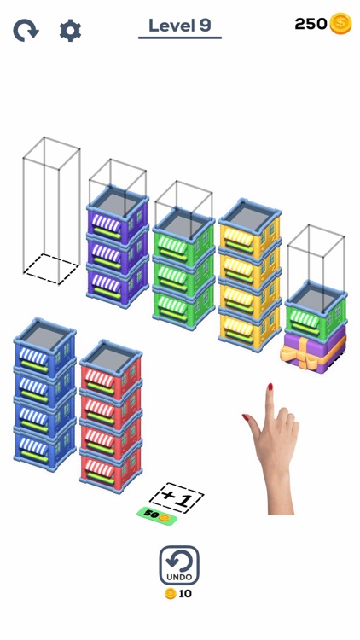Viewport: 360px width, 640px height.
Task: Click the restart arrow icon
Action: [x=26, y=31]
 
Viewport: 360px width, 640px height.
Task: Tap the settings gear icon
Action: [x=70, y=31]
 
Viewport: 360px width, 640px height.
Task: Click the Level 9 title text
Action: [x=179, y=26]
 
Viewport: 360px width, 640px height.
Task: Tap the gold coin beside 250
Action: [x=341, y=24]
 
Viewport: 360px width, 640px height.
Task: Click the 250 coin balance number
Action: [x=311, y=24]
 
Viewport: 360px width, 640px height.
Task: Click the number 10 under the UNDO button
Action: [x=185, y=594]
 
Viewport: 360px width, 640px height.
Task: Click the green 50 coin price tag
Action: [x=156, y=515]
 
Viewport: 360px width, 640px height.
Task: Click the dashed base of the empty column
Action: [x=50, y=268]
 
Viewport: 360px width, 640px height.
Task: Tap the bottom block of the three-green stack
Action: [x=183, y=302]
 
